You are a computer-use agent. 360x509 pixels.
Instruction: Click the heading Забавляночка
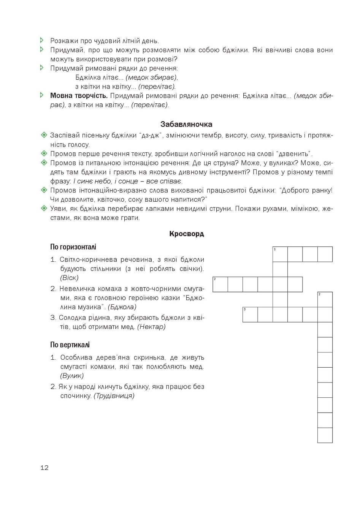point(186,124)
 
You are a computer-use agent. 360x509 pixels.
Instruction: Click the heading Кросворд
point(186,234)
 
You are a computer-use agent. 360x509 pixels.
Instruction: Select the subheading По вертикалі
point(70,345)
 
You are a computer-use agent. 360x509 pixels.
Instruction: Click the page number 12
point(44,468)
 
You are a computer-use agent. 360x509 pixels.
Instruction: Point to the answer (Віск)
point(69,278)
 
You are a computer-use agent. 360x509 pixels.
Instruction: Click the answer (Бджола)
point(122,307)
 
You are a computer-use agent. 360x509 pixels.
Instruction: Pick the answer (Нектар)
point(151,327)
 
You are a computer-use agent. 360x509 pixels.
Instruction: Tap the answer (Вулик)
point(72,376)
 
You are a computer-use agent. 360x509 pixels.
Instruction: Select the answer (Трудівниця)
point(114,396)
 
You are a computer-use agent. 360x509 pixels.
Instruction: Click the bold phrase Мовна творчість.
point(79,96)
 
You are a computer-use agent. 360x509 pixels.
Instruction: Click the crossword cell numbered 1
point(280,254)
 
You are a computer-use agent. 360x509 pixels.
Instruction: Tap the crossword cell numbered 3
point(250,315)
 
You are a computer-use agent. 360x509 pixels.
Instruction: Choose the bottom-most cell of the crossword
point(325,435)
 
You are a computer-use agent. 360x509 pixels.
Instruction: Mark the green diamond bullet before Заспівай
point(44,135)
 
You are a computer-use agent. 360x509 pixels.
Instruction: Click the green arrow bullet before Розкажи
point(42,40)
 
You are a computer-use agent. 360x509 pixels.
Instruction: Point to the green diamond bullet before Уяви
point(44,209)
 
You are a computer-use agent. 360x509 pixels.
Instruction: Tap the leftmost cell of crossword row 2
point(220,284)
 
